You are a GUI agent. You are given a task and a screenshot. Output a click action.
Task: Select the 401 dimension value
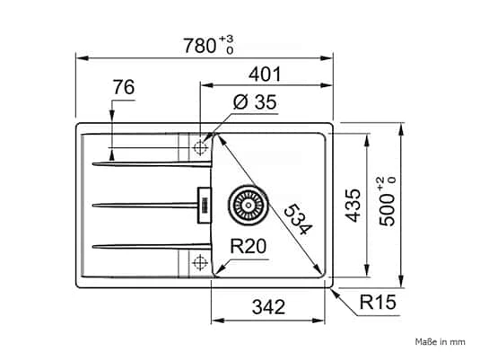pos(265,75)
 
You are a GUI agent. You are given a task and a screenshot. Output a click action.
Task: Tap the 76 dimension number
pos(124,87)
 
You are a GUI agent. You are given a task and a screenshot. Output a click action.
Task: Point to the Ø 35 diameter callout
pos(255,102)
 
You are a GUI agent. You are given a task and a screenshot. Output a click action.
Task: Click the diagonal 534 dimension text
pos(298,219)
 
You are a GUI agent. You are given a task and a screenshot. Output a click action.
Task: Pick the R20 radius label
pos(249,246)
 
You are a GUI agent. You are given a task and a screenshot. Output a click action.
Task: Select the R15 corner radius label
pos(378,302)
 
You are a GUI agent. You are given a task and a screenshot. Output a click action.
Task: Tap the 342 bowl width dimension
pos(268,307)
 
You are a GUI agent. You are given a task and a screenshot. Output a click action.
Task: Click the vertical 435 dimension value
pos(353,206)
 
